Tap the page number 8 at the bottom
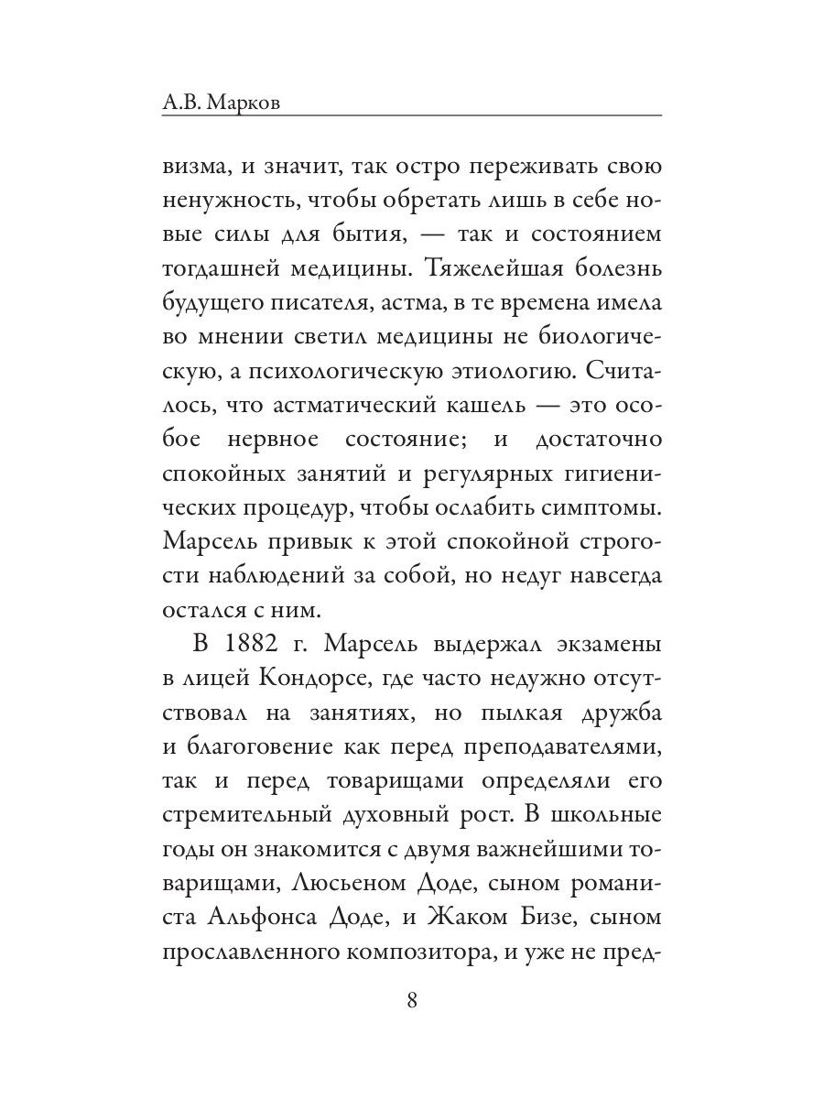point(411,999)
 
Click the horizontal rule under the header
point(411,115)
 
